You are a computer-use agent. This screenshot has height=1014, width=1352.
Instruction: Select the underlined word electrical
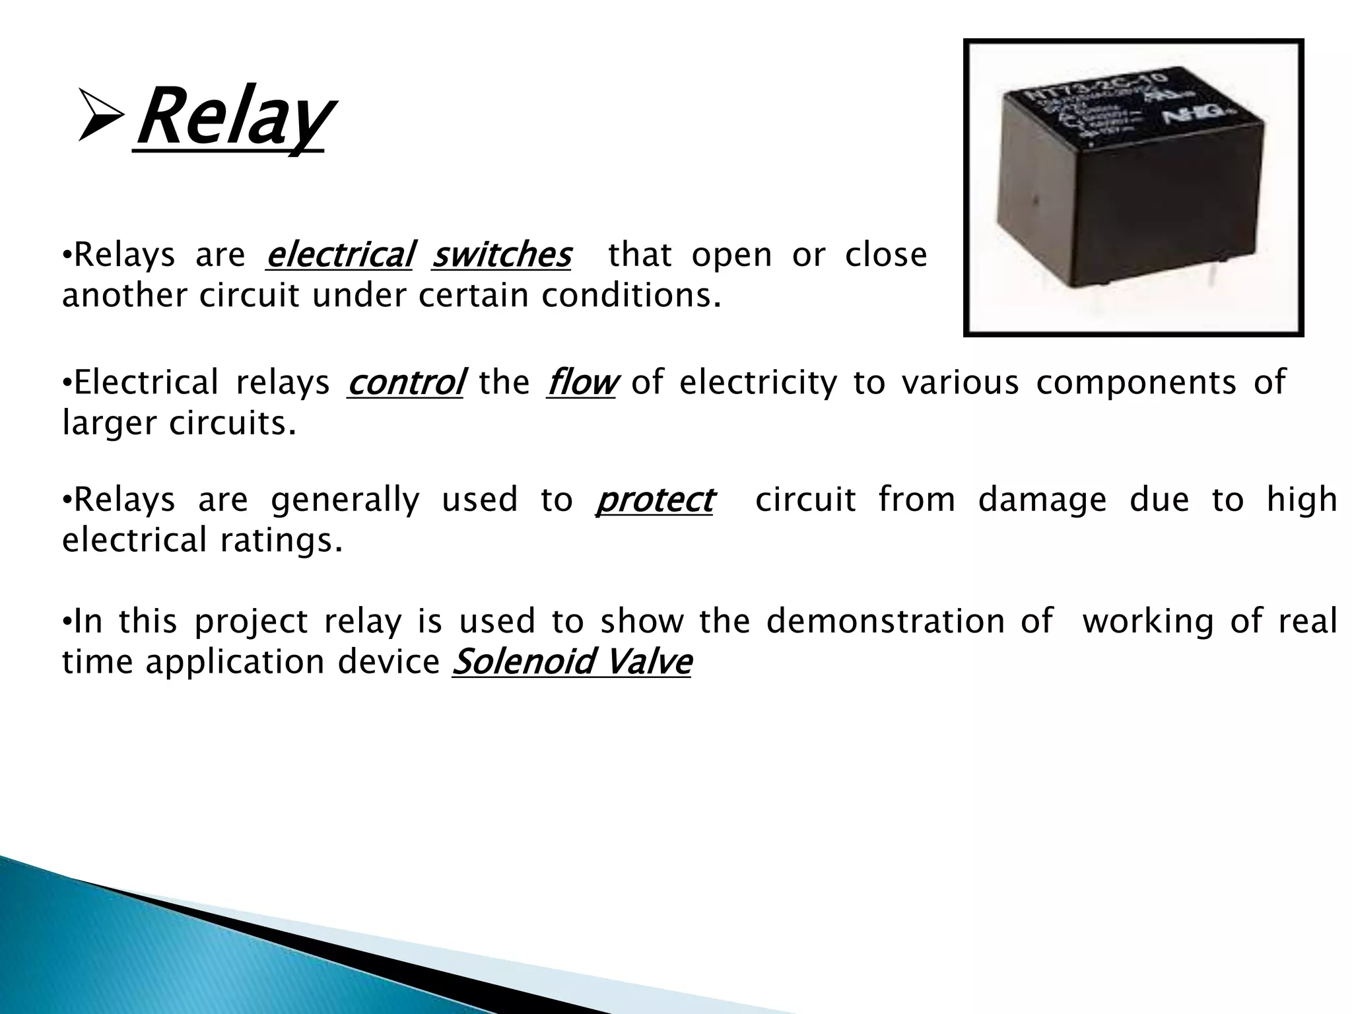point(339,255)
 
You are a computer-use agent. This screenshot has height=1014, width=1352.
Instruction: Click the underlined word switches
point(501,255)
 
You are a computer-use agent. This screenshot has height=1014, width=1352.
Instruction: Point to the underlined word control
point(405,383)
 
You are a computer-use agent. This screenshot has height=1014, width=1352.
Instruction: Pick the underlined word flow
point(581,383)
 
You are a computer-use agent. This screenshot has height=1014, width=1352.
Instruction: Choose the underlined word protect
point(654,500)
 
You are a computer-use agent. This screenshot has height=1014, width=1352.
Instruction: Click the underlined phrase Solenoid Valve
point(572,662)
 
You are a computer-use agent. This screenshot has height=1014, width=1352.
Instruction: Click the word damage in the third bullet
point(1042,500)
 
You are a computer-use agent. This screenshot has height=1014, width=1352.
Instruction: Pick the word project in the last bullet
point(251,622)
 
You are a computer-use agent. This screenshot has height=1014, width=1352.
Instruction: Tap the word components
point(1135,383)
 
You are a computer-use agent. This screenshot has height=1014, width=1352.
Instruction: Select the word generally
point(345,500)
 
